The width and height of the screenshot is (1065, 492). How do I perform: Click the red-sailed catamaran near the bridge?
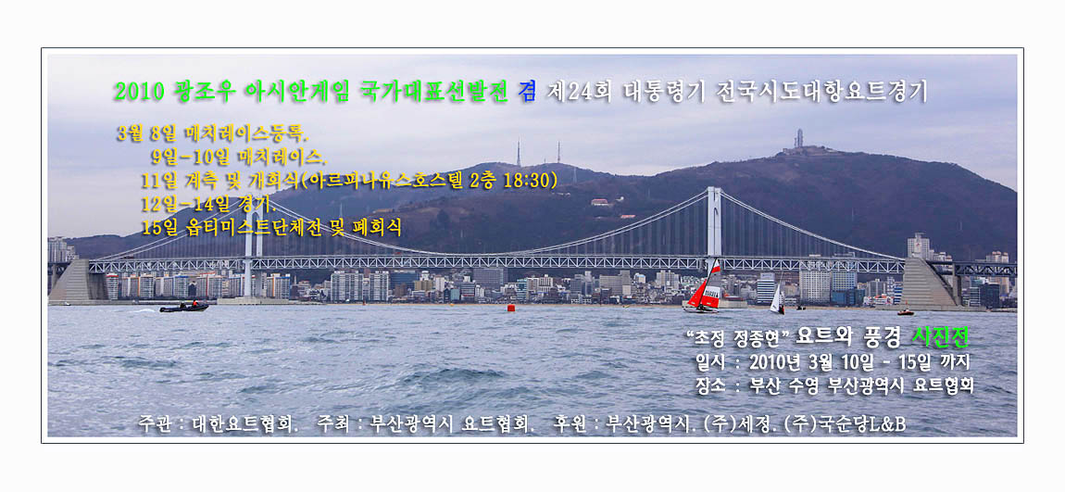pyautogui.click(x=705, y=289)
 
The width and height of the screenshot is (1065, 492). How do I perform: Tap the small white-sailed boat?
pyautogui.click(x=777, y=300)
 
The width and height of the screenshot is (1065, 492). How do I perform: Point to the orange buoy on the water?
pyautogui.click(x=511, y=308)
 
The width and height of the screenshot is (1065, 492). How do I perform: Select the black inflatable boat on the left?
pyautogui.click(x=183, y=308)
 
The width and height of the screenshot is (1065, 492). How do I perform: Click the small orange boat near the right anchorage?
pyautogui.click(x=906, y=312)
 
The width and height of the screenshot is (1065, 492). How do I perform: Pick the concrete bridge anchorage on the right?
pyautogui.click(x=929, y=283)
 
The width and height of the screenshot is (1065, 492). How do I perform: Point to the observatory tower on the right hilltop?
pyautogui.click(x=798, y=139)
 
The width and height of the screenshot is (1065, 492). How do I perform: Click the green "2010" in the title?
pyautogui.click(x=139, y=91)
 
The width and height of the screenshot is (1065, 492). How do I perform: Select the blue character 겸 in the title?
pyautogui.click(x=526, y=91)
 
